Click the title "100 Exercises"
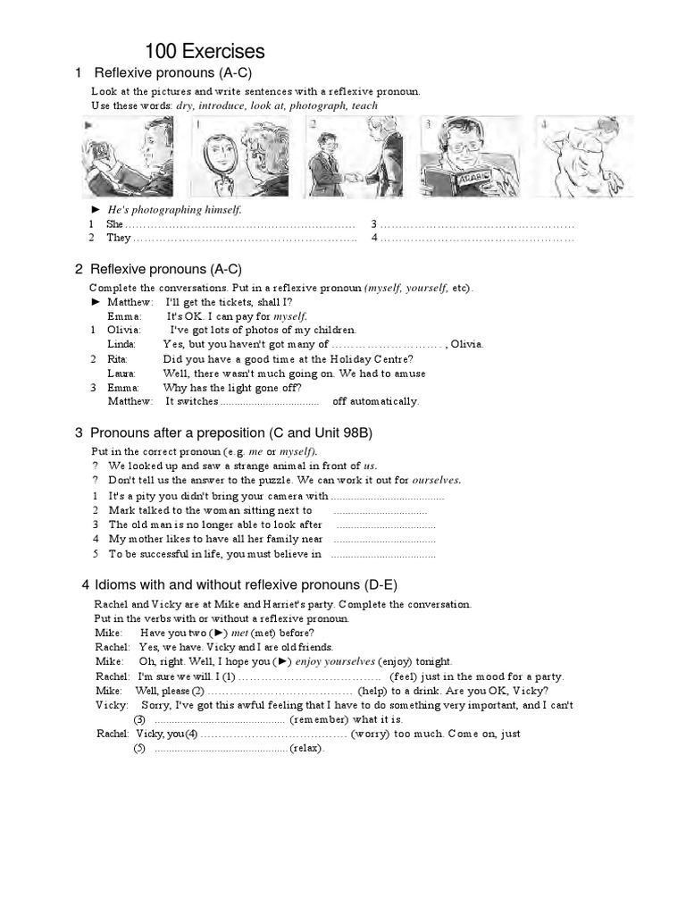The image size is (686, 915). click(205, 52)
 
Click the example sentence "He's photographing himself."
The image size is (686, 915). click(169, 209)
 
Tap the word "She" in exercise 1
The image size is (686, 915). click(114, 224)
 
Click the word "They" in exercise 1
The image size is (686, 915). click(118, 239)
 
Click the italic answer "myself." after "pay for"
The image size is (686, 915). click(290, 316)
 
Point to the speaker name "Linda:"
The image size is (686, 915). click(121, 344)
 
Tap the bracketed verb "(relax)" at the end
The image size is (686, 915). click(307, 748)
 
